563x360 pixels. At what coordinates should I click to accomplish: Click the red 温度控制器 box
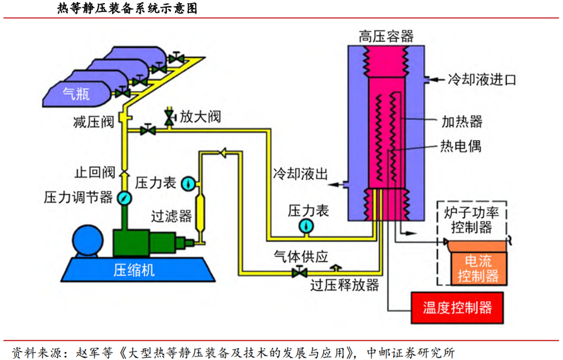(458, 308)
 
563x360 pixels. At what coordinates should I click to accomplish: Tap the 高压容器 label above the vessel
(385, 36)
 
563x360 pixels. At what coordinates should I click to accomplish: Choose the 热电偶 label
(460, 145)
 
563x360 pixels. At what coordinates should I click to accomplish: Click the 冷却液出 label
(301, 174)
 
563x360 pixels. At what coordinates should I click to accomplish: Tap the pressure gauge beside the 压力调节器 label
(124, 198)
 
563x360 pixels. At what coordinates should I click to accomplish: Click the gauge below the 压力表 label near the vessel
(307, 226)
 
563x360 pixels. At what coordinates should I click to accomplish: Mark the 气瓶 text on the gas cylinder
(76, 92)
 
